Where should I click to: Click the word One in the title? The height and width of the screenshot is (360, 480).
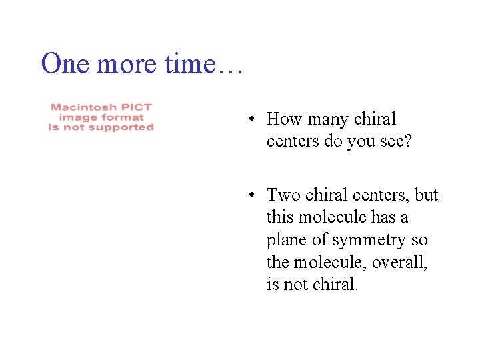click(x=65, y=64)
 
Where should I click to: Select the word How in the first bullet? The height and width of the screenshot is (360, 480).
click(x=282, y=119)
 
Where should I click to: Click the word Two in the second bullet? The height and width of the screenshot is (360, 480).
click(x=281, y=195)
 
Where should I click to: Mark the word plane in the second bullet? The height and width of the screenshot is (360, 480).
click(x=287, y=240)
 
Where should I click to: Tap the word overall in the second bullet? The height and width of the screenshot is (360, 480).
click(x=401, y=263)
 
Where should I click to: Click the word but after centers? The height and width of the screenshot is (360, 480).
click(x=427, y=195)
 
